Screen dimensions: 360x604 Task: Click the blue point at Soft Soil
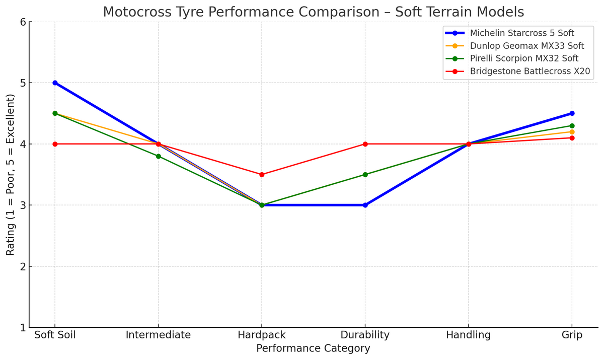55,83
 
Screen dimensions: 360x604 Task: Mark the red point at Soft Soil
55,144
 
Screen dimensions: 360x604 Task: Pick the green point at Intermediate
159,156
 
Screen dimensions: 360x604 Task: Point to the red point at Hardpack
262,175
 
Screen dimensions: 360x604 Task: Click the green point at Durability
365,175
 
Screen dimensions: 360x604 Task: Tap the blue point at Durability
365,205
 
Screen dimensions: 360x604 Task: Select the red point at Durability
365,144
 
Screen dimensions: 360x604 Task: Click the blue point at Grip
572,113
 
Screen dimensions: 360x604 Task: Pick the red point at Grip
572,138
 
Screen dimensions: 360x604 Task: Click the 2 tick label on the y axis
23,266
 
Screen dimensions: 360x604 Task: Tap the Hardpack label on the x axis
262,335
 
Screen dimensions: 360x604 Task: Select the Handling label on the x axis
469,335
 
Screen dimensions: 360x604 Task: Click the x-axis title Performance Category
313,348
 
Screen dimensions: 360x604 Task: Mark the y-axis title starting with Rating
11,175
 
